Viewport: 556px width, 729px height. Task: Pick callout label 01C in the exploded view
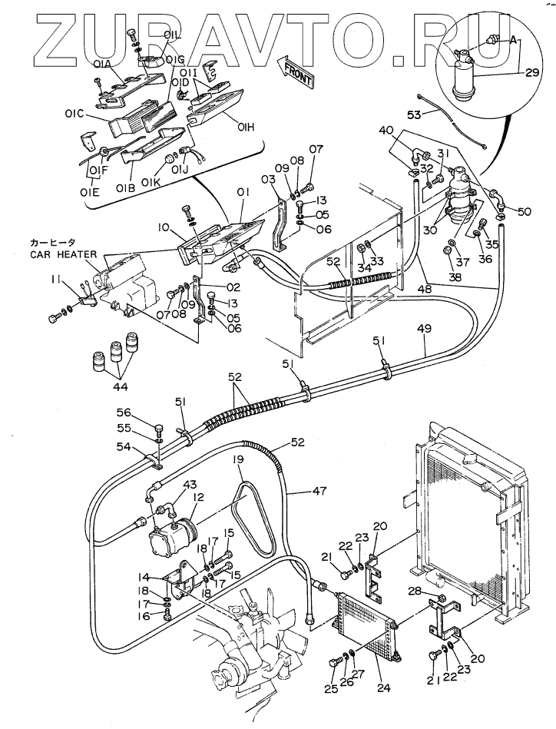point(74,114)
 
